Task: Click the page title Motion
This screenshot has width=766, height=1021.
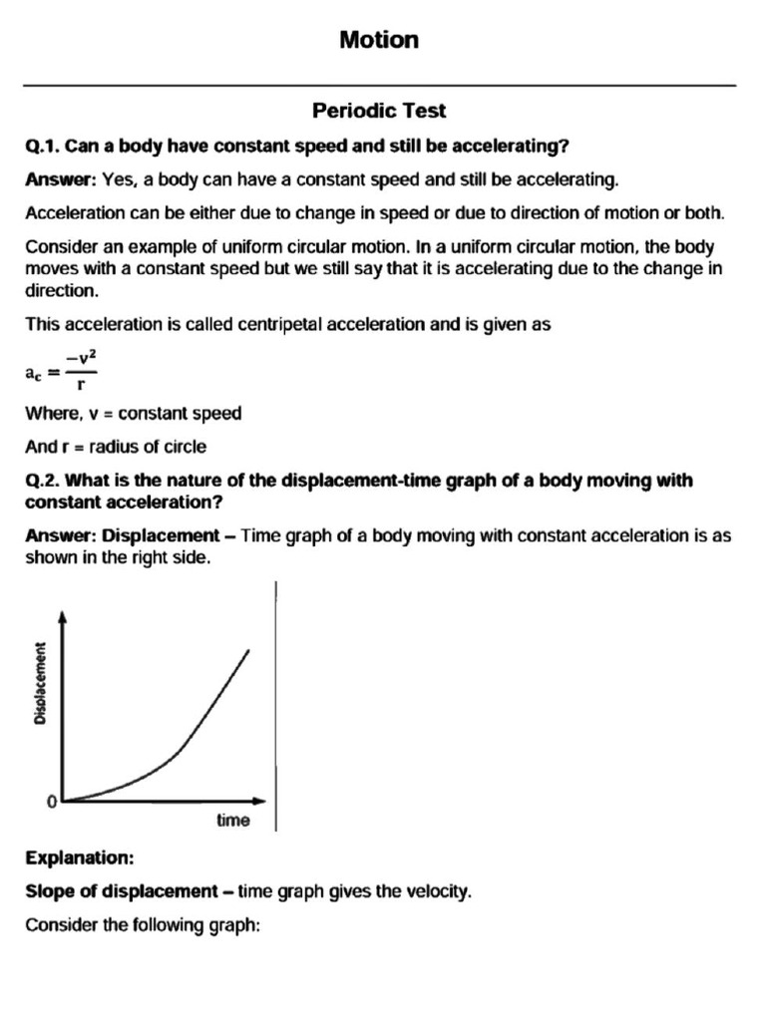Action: coord(379,40)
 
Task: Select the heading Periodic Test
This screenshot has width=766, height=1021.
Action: coord(379,111)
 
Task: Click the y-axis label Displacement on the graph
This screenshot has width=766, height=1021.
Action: coord(40,683)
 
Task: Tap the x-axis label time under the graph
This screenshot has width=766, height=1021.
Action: coord(233,822)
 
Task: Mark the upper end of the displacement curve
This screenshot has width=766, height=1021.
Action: coord(247,650)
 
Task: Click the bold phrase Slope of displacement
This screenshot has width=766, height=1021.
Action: coord(121,891)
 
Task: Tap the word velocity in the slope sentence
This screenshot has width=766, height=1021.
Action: coord(437,891)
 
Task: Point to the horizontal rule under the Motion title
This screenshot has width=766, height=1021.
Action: coord(379,86)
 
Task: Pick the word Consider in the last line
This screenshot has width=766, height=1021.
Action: coord(58,925)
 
